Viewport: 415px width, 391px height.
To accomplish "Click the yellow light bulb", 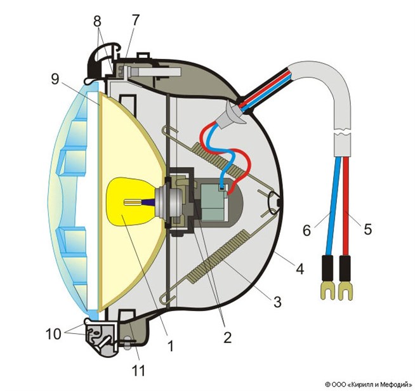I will pyautogui.click(x=133, y=202).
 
